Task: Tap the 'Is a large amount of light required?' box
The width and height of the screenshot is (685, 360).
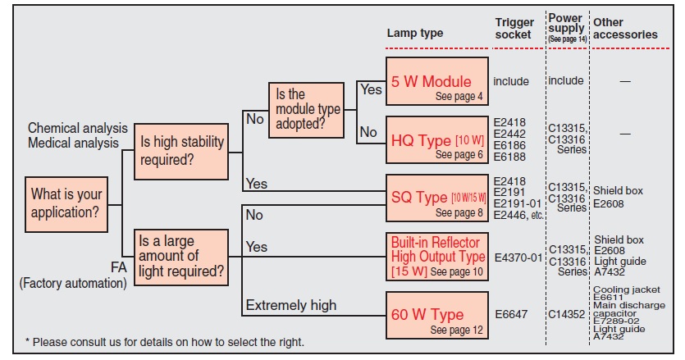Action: pyautogui.click(x=182, y=257)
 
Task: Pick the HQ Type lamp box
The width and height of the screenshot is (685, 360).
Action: pyautogui.click(x=436, y=144)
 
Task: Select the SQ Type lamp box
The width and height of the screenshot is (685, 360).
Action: pyautogui.click(x=436, y=202)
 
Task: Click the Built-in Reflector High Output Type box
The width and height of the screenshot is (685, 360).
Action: pyautogui.click(x=436, y=256)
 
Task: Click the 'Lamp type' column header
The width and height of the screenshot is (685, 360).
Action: pyautogui.click(x=414, y=34)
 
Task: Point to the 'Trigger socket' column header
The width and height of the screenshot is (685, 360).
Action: pyautogui.click(x=514, y=29)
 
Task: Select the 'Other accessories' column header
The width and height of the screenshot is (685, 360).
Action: pyautogui.click(x=625, y=29)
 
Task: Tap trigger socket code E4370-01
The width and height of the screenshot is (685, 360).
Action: pyautogui.click(x=519, y=257)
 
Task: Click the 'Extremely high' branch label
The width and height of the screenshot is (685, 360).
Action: pyautogui.click(x=290, y=306)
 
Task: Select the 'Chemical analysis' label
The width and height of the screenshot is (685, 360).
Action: pyautogui.click(x=78, y=129)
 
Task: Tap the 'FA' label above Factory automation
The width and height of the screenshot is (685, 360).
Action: pyautogui.click(x=119, y=267)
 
